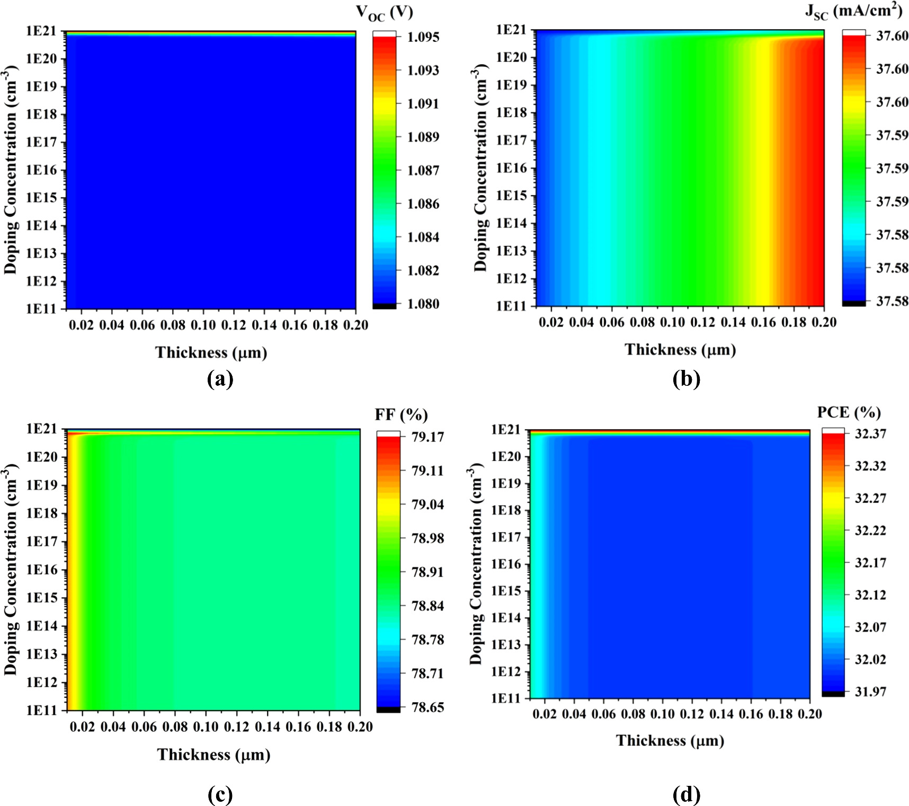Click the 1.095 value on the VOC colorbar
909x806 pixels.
click(x=423, y=37)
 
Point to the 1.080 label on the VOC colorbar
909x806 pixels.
click(x=423, y=304)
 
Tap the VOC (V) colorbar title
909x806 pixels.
click(x=391, y=14)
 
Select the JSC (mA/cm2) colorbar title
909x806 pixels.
click(x=853, y=12)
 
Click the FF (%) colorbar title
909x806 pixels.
click(x=401, y=414)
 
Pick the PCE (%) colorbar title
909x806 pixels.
click(x=849, y=412)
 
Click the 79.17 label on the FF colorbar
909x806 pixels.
click(x=428, y=437)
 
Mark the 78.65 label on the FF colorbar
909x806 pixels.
click(x=428, y=707)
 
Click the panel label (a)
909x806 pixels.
click(x=220, y=379)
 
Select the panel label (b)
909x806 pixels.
click(x=687, y=379)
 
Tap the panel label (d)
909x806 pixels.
click(x=687, y=795)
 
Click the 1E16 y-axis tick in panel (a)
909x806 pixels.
click(x=41, y=171)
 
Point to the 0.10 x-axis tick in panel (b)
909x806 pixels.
click(x=673, y=323)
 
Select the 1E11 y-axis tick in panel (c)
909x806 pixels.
click(x=41, y=711)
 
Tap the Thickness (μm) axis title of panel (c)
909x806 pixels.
click(x=213, y=755)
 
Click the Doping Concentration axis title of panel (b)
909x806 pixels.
click(x=480, y=169)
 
